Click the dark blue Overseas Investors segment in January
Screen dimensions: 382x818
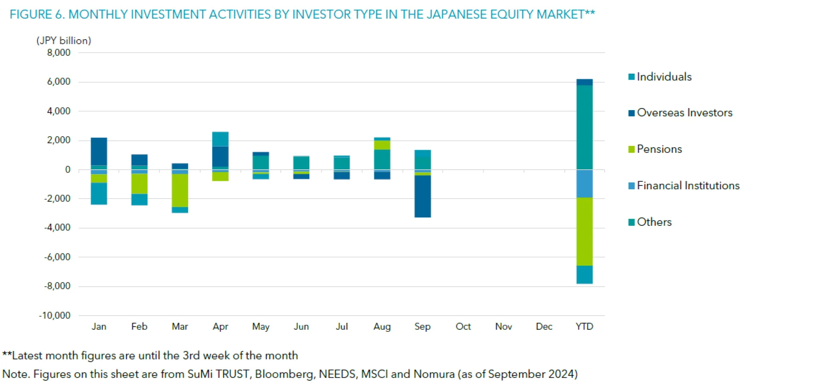click(x=99, y=151)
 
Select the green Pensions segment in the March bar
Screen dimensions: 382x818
click(x=180, y=190)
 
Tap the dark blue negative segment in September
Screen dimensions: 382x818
click(x=423, y=196)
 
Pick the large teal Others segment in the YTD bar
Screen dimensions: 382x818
click(x=585, y=127)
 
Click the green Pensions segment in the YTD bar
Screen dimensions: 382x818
click(x=585, y=231)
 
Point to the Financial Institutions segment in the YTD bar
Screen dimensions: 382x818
click(x=585, y=183)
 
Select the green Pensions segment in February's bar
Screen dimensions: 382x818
click(x=139, y=184)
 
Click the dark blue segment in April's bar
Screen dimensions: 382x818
click(x=220, y=157)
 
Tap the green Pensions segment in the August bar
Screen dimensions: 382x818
click(x=382, y=145)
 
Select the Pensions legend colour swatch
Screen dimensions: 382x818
click(x=631, y=149)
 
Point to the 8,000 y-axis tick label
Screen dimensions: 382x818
click(x=59, y=53)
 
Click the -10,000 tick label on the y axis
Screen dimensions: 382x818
click(x=55, y=316)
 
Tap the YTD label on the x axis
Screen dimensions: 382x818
click(x=584, y=327)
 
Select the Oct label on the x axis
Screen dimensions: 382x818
click(x=463, y=327)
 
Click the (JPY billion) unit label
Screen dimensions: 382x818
click(x=64, y=40)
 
